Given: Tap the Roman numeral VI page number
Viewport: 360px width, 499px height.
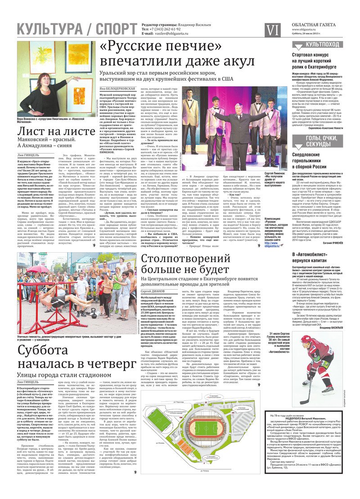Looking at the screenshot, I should tap(273, 30).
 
